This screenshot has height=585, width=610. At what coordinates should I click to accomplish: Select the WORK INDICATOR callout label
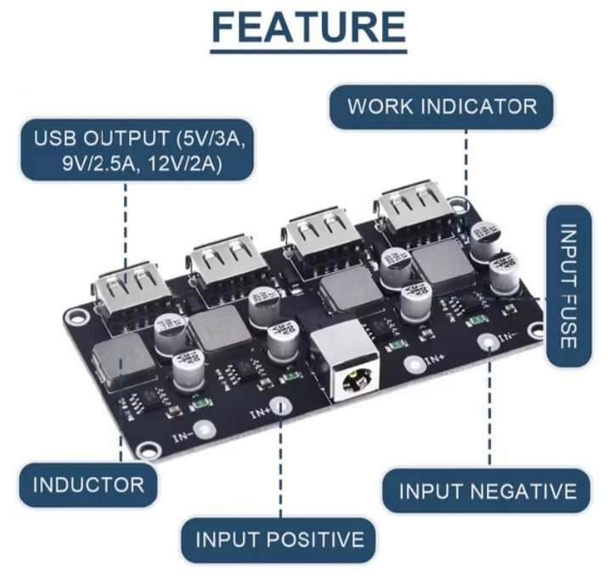pyautogui.click(x=442, y=106)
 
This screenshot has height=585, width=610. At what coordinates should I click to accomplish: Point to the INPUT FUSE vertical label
pyautogui.click(x=568, y=286)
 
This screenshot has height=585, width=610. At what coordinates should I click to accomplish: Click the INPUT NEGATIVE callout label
pyautogui.click(x=487, y=491)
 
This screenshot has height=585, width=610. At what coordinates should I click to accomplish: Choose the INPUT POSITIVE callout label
pyautogui.click(x=279, y=539)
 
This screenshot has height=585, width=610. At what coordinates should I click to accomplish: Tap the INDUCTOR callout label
pyautogui.click(x=88, y=486)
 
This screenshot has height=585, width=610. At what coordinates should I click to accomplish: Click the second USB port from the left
pyautogui.click(x=223, y=260)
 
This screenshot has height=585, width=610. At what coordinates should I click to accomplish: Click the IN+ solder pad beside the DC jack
pyautogui.click(x=413, y=364)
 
